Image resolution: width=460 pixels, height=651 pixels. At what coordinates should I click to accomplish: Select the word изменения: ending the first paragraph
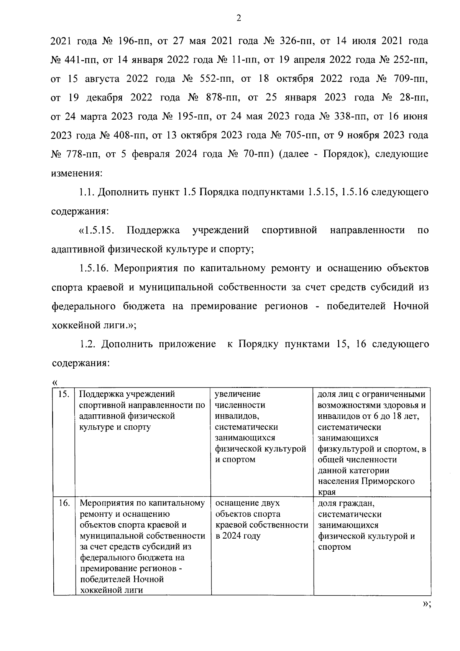tap(77, 173)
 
